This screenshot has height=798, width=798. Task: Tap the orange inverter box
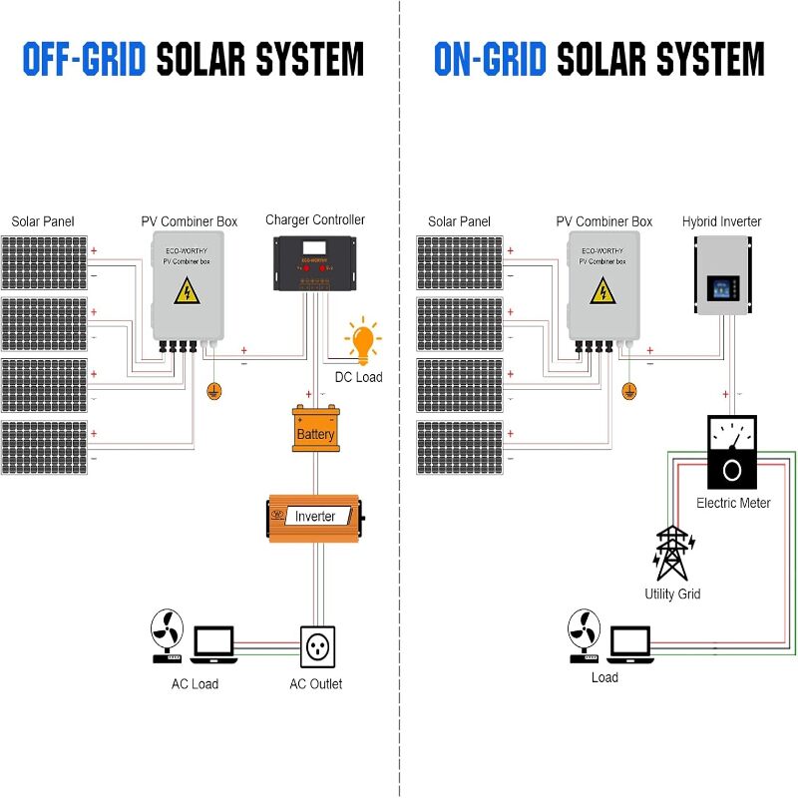click(315, 517)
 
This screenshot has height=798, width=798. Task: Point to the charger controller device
click(315, 261)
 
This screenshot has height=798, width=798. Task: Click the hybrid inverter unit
click(722, 281)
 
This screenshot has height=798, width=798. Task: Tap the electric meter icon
click(732, 451)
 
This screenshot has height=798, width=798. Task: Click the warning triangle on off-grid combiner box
click(186, 291)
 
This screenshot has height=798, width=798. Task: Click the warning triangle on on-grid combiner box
click(601, 291)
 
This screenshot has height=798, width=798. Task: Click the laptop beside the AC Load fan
click(213, 644)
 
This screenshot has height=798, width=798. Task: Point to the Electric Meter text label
click(733, 503)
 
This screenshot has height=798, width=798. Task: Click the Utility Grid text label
click(672, 594)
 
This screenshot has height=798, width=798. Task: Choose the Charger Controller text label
click(315, 219)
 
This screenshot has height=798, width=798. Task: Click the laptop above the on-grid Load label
click(629, 644)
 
